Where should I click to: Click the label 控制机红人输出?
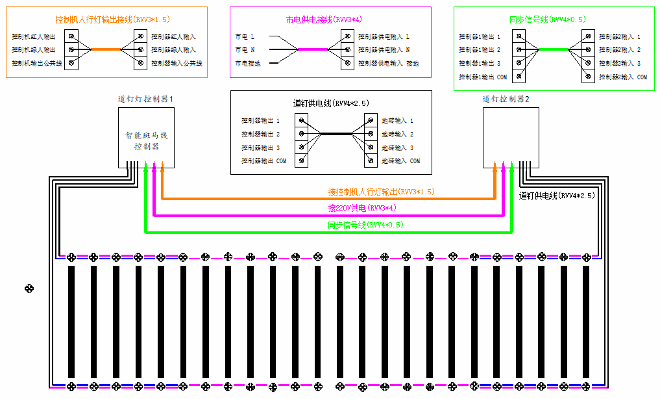point(34,36)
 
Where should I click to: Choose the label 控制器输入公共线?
point(177,63)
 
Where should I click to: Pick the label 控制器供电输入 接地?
point(389,63)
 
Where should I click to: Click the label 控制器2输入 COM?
point(623,77)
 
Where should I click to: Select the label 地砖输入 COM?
point(400,161)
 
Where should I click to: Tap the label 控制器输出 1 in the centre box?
point(260,121)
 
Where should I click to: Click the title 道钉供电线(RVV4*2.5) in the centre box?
point(331,103)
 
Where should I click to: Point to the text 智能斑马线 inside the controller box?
point(146,135)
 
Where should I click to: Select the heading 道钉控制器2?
point(506,99)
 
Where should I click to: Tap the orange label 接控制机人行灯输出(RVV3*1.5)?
point(381,192)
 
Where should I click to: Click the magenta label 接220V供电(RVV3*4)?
point(362,208)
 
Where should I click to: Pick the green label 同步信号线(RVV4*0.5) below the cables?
point(365,224)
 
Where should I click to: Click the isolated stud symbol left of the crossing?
point(28,288)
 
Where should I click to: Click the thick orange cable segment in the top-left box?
point(105,49)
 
